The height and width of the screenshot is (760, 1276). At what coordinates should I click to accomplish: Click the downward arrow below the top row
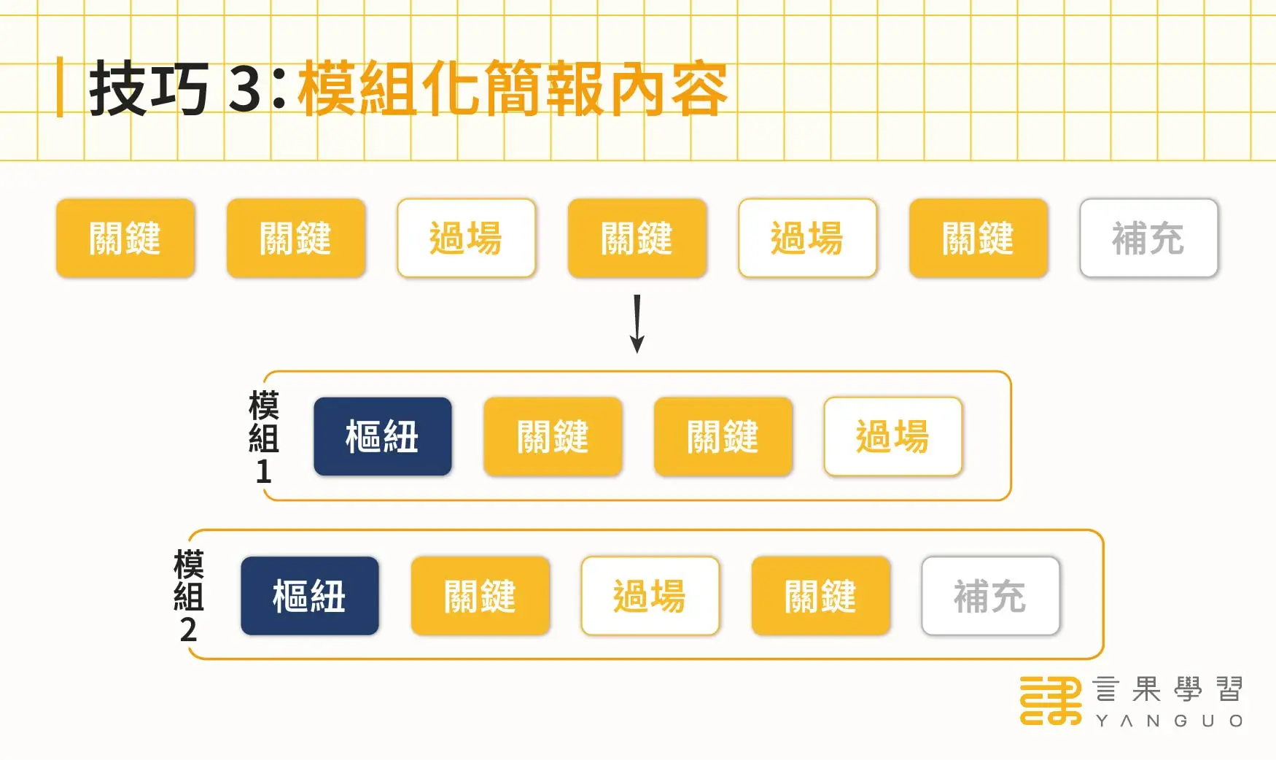tap(637, 325)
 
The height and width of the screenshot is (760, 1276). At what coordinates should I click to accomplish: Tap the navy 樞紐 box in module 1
tap(383, 437)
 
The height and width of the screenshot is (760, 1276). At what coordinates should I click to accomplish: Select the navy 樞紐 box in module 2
tap(310, 596)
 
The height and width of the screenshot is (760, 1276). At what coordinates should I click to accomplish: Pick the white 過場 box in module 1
tap(893, 437)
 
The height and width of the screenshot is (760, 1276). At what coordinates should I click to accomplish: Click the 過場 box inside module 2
tap(650, 596)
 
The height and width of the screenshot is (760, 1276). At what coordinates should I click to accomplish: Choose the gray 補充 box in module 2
tap(990, 596)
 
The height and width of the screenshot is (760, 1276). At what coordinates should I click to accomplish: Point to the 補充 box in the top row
tap(1148, 239)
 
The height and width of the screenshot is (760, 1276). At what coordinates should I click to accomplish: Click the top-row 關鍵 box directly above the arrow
tap(637, 239)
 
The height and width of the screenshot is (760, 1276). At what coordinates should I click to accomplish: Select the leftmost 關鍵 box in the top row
tap(125, 239)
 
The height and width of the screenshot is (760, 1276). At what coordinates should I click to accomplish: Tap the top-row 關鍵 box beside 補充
tap(978, 239)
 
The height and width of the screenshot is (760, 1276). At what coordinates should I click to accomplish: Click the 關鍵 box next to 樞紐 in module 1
tap(553, 437)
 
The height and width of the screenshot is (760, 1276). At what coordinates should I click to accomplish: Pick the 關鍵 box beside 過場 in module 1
tap(723, 437)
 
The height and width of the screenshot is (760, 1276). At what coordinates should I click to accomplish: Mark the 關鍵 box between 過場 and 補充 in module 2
tap(820, 596)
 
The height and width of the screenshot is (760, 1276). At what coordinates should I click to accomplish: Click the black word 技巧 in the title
tap(149, 89)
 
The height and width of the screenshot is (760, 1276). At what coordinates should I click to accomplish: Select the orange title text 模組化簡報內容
tap(513, 89)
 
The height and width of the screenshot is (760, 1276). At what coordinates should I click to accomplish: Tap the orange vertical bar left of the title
tap(60, 88)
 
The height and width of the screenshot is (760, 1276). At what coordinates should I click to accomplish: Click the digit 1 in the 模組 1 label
tap(263, 472)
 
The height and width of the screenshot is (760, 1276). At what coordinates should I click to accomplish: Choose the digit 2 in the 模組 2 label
tap(188, 629)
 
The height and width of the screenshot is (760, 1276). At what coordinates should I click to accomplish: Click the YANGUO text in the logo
tap(1169, 721)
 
